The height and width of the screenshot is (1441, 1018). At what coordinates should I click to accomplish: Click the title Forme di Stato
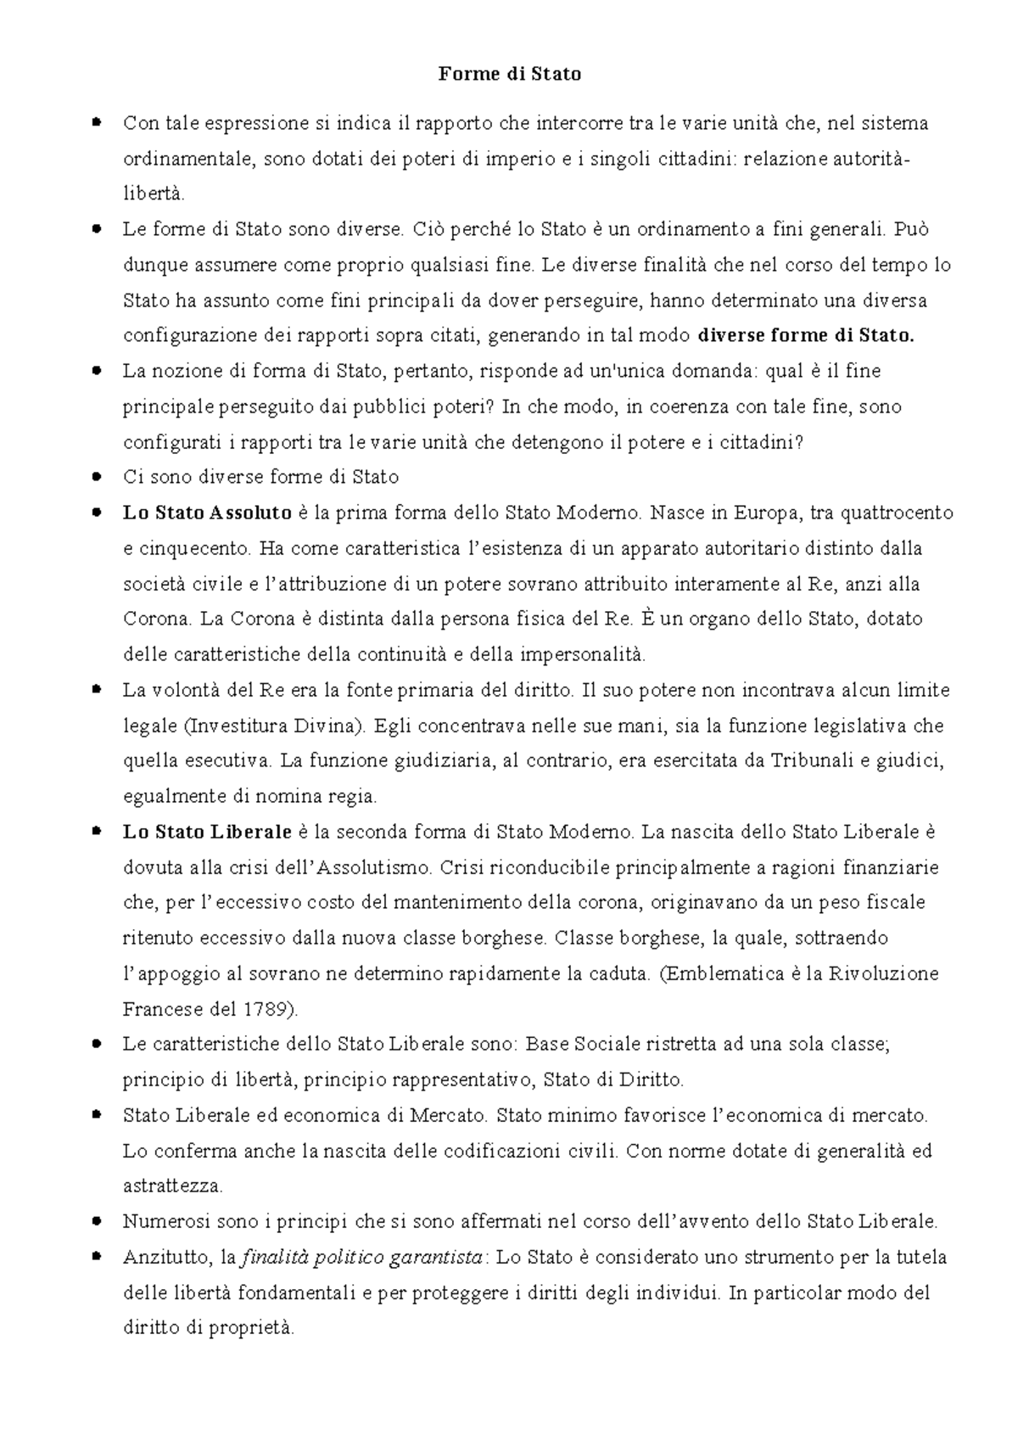[509, 75]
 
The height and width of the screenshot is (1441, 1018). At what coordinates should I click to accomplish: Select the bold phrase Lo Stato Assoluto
[207, 513]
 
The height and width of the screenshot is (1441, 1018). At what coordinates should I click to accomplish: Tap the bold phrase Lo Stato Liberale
[207, 832]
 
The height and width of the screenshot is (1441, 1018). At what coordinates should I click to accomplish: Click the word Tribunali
[811, 761]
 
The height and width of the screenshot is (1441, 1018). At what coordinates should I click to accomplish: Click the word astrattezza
[172, 1186]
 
